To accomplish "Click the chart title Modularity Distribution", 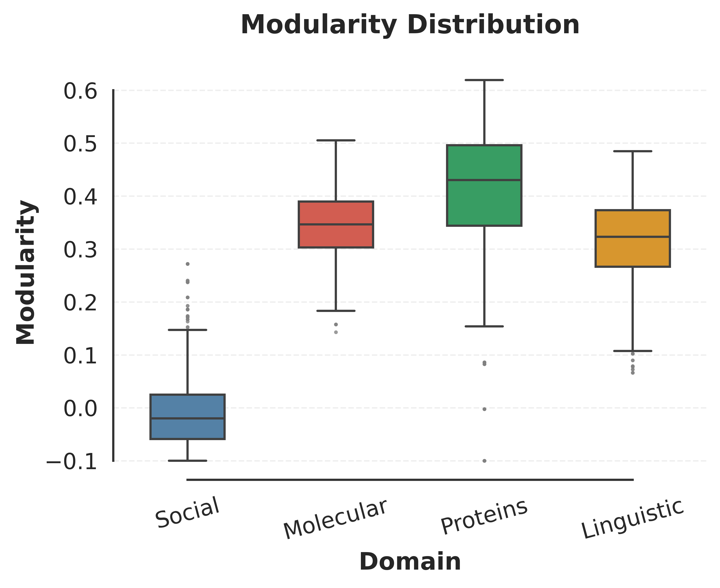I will click(410, 25).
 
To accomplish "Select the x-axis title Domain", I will click(410, 562).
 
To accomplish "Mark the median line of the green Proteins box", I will click(484, 180).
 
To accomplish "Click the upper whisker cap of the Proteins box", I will click(484, 80).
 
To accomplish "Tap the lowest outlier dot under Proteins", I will click(484, 461).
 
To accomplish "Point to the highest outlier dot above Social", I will click(188, 264).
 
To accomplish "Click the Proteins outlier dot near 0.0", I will click(484, 409).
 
